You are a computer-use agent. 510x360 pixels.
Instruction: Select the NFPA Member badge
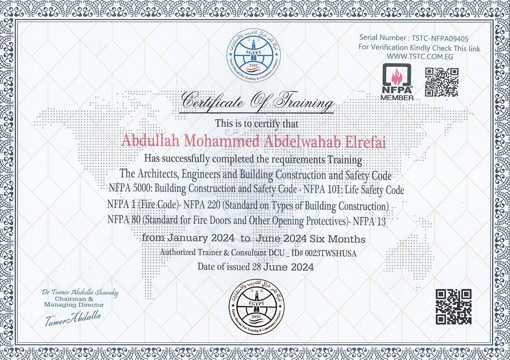point(397,82)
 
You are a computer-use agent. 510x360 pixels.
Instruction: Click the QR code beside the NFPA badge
point(441,82)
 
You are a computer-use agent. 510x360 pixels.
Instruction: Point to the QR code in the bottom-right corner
point(453,307)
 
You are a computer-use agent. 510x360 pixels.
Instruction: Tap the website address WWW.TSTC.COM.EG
point(420,57)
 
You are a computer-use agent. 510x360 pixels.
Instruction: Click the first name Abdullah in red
point(148,141)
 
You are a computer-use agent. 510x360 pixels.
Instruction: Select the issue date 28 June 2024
point(283,267)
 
